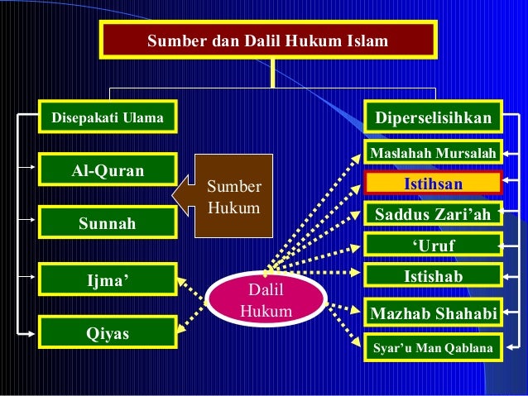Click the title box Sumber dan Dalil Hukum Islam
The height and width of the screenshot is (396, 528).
267,40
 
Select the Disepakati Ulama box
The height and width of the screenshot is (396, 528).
108,118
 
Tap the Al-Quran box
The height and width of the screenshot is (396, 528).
108,170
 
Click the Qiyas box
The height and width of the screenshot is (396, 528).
108,334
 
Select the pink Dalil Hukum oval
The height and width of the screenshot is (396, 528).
265,301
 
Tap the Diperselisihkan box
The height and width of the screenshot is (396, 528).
433,118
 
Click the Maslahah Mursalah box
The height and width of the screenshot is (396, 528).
433,153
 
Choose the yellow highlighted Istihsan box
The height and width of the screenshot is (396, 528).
433,183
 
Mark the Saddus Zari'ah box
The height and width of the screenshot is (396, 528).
433,215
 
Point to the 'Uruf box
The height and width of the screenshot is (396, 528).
433,246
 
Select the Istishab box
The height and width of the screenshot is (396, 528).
433,276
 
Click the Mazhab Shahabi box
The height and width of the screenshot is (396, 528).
433,313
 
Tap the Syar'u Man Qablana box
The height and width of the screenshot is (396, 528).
433,348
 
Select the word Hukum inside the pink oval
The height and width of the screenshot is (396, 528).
265,312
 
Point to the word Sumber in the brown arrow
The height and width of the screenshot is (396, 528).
233,187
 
